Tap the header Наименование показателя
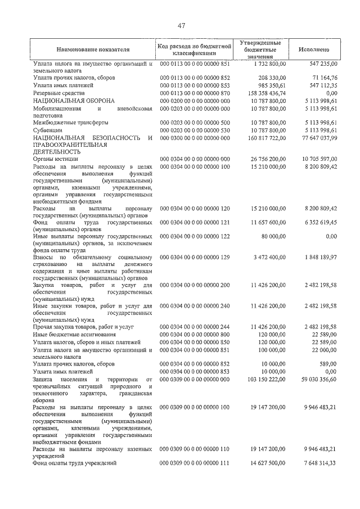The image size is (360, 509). pyautogui.click(x=93, y=49)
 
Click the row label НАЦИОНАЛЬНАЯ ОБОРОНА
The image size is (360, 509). pyautogui.click(x=74, y=100)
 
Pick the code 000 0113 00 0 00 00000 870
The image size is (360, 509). pyautogui.click(x=195, y=92)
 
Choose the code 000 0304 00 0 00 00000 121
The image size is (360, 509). pyautogui.click(x=195, y=222)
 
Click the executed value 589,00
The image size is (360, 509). pyautogui.click(x=327, y=364)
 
